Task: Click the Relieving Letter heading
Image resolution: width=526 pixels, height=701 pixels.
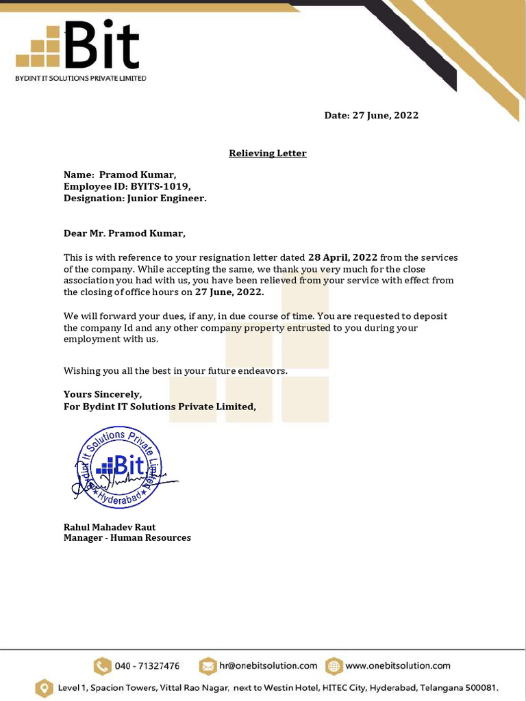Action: (x=267, y=153)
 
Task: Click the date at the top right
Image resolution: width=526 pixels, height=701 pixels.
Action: (x=371, y=116)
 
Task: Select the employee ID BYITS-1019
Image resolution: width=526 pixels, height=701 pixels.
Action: (x=161, y=187)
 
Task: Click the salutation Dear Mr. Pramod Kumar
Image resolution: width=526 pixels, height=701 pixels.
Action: (x=125, y=233)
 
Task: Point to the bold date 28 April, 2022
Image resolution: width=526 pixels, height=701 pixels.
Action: (x=342, y=257)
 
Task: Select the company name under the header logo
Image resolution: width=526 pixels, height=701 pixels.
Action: (x=81, y=79)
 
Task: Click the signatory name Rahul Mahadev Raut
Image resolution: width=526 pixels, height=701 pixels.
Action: (x=110, y=527)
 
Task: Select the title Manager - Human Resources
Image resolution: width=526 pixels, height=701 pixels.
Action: (x=127, y=538)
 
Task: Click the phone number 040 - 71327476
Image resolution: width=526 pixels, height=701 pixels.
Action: (x=147, y=666)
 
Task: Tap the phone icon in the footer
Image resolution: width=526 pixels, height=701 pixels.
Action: (x=102, y=666)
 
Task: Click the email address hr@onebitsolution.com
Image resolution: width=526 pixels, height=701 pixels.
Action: (x=268, y=665)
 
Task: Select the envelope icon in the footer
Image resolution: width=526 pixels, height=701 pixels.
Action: (x=208, y=666)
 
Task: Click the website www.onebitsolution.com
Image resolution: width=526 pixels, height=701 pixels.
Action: (x=398, y=665)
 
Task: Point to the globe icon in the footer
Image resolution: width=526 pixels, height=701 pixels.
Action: (x=334, y=666)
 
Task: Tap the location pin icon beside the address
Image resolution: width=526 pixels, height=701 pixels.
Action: (x=44, y=687)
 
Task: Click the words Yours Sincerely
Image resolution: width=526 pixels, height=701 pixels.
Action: (x=103, y=394)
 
